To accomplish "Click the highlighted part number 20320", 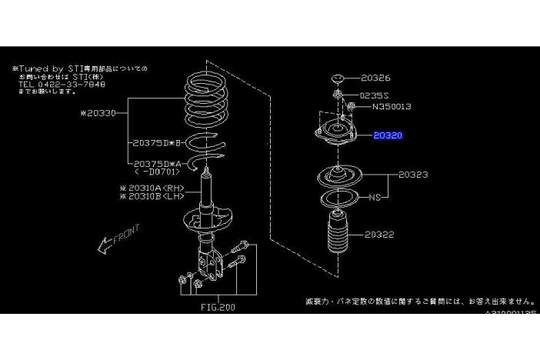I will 388,135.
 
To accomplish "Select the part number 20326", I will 375,78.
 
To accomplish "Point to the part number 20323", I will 414,175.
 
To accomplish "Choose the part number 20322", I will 380,234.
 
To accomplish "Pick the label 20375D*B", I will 155,143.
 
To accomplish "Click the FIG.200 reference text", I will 217,307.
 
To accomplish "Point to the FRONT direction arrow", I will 115,239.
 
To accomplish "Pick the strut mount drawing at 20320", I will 335,130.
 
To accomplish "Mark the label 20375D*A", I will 155,163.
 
